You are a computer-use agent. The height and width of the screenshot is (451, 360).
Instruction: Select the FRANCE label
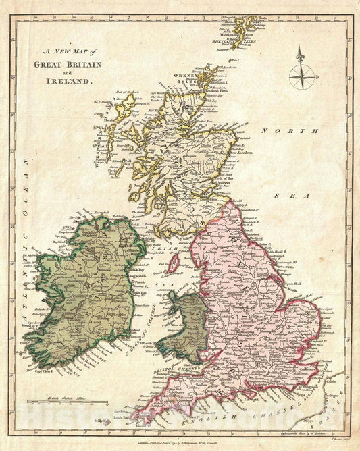click(334, 412)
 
